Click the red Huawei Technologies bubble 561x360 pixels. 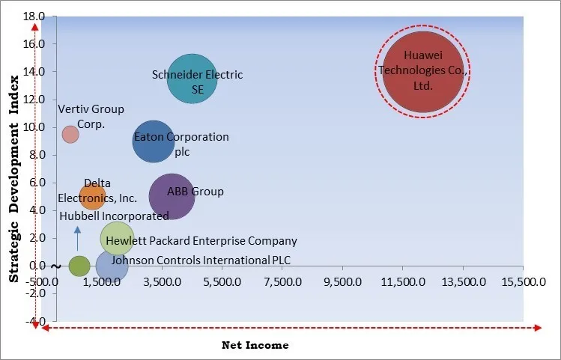point(423,72)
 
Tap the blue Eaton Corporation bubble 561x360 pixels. point(154,141)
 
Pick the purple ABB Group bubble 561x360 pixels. point(172,196)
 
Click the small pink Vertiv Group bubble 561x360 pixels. point(70,134)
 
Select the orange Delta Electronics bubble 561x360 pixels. point(93,197)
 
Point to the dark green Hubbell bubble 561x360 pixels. point(79,266)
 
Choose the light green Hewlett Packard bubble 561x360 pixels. point(116,239)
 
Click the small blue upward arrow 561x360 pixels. point(77,239)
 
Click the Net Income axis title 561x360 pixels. point(255,345)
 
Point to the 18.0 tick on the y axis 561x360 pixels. point(35,16)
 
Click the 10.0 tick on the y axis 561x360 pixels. point(35,127)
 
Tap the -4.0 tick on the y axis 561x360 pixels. point(35,321)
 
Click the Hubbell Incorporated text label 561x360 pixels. point(114,216)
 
